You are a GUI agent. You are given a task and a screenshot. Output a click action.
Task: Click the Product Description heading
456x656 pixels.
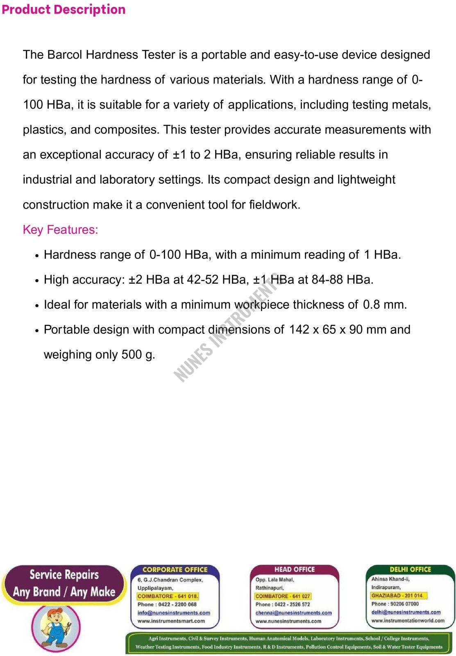tap(64, 9)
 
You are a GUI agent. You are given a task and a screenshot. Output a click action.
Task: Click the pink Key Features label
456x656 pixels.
tap(60, 230)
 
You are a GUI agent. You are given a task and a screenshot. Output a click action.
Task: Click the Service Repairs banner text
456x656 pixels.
tap(64, 575)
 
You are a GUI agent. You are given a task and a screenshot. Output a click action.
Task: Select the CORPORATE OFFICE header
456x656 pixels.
tap(175, 569)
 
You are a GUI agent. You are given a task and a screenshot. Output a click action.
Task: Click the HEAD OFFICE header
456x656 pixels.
tap(294, 569)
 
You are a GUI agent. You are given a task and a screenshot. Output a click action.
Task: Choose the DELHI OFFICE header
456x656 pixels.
tap(410, 569)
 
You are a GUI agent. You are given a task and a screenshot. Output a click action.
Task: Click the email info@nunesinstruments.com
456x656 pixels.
tap(174, 613)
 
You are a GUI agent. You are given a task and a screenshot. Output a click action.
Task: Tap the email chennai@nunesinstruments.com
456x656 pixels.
tap(293, 613)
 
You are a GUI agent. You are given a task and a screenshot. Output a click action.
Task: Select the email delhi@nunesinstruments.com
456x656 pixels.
tap(406, 612)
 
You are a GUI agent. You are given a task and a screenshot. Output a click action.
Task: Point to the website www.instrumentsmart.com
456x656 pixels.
tap(171, 621)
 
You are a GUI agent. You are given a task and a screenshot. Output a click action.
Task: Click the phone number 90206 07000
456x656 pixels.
tap(404, 604)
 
